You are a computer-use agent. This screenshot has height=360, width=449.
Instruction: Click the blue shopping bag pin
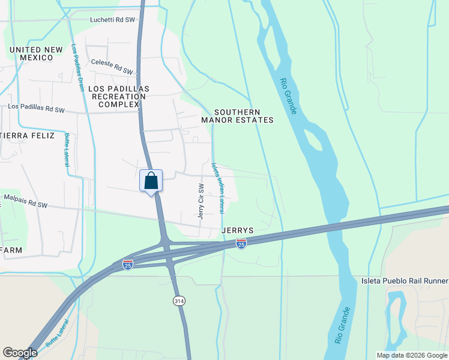click(151, 181)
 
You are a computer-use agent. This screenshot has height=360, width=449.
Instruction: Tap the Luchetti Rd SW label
click(112, 19)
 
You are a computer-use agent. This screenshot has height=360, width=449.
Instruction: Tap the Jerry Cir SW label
click(202, 200)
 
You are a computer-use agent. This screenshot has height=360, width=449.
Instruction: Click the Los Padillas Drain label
click(77, 68)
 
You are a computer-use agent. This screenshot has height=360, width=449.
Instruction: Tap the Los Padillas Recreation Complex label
click(118, 96)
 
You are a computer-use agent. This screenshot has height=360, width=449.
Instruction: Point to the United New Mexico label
click(37, 53)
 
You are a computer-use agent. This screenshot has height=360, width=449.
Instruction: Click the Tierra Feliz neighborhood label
click(26, 136)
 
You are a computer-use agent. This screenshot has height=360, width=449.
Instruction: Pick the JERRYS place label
click(238, 230)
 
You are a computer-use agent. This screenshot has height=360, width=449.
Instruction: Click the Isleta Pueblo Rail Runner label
click(405, 281)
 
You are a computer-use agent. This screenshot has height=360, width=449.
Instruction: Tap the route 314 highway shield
click(178, 299)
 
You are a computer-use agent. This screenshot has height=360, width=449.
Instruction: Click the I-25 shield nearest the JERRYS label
click(241, 244)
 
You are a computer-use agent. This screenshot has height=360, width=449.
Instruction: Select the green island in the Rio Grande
click(314, 139)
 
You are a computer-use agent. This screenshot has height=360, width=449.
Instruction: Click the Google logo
click(20, 353)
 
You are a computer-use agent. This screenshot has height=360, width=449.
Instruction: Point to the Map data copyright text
click(411, 355)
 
